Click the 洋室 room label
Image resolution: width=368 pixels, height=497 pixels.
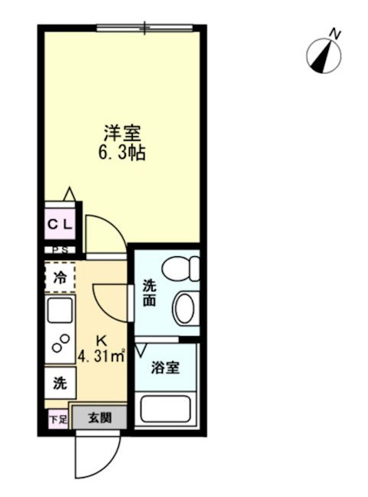point(122,132)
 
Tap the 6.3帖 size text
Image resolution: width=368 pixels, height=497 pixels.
point(122,152)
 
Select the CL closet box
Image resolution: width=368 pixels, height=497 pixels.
point(61,225)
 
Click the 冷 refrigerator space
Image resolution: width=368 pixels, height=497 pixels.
point(59,278)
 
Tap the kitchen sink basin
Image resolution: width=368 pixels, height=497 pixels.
point(59,312)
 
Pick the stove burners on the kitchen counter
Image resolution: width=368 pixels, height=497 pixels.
point(58,347)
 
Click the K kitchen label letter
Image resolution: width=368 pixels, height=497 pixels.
point(101,339)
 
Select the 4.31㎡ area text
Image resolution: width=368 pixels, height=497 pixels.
point(101,355)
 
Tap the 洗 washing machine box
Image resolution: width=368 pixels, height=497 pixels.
point(59,382)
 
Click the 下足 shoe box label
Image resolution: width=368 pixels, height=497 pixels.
point(58,419)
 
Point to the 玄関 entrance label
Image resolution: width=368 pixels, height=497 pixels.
point(99,419)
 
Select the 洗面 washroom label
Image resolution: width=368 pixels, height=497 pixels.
point(149,292)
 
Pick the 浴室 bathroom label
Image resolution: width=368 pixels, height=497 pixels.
point(166,367)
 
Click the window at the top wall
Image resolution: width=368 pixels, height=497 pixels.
point(144,28)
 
